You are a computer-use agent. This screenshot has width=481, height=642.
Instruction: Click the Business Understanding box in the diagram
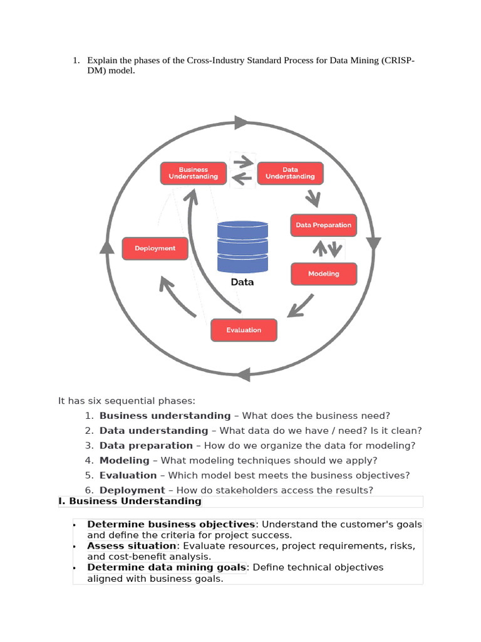(x=194, y=173)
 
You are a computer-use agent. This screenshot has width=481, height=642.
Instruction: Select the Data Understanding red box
(x=290, y=173)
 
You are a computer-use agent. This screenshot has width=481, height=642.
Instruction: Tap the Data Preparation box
(x=323, y=225)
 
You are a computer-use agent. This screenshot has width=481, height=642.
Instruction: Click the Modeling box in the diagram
(x=323, y=274)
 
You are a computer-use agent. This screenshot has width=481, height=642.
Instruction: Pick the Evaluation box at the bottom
(x=244, y=330)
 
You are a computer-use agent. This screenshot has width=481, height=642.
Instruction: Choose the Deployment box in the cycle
(x=155, y=248)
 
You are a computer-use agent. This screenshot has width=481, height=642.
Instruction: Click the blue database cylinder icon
(x=242, y=246)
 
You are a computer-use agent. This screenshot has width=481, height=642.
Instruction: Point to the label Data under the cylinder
(x=242, y=282)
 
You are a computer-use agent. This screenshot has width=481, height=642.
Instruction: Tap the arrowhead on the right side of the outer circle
(x=374, y=243)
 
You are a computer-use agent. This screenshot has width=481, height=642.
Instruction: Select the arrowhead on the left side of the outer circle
(x=107, y=247)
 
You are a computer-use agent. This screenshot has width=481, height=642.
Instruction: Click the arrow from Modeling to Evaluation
(x=300, y=306)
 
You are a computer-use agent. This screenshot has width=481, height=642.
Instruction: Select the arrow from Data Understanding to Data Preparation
(x=312, y=198)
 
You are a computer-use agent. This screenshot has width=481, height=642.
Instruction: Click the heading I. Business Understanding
(x=130, y=501)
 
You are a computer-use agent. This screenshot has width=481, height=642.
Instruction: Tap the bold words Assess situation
(x=132, y=545)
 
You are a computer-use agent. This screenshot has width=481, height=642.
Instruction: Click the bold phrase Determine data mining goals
(x=167, y=567)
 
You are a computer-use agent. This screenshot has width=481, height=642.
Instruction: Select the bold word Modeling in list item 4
(x=124, y=460)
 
